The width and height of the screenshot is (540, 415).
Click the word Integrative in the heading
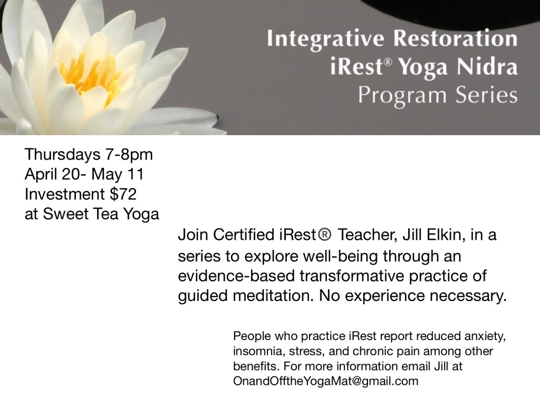pos(325,39)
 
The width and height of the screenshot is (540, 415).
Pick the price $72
pos(123,194)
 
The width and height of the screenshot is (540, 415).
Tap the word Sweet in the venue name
pos(65,214)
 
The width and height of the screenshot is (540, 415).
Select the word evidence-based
pos(237,276)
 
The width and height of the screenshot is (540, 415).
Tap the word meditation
pos(274,296)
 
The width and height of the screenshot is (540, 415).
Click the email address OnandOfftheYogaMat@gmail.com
pos(326,381)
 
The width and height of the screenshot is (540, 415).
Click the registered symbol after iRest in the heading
pos(388,62)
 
